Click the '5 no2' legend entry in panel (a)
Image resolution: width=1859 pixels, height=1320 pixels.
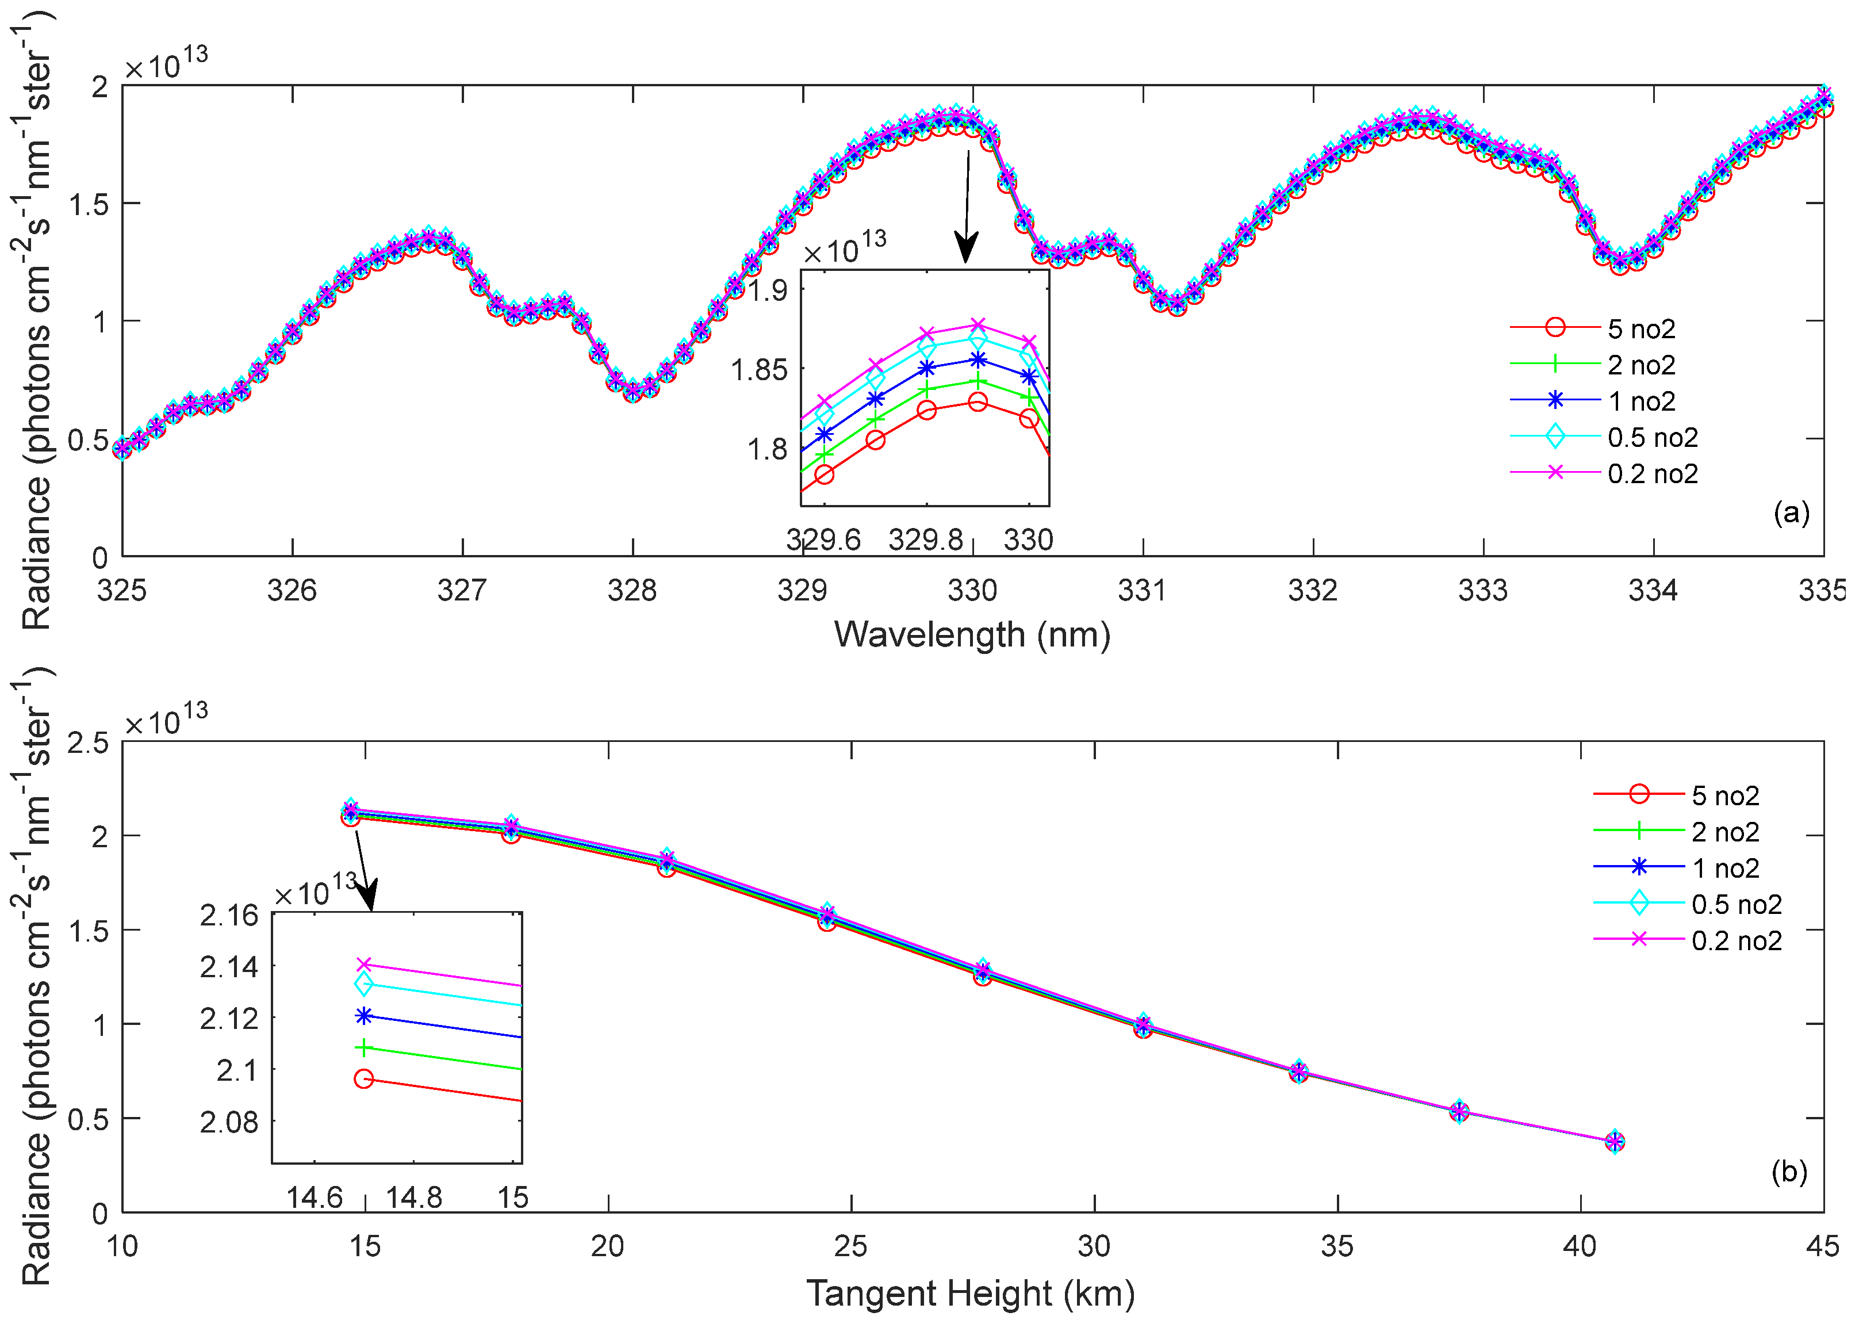[x=1640, y=328]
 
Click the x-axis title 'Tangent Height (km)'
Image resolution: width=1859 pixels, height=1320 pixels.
[x=970, y=1292]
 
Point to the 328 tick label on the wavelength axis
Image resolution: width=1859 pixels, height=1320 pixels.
[x=632, y=590]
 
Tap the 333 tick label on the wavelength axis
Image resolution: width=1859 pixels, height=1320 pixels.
[x=1483, y=590]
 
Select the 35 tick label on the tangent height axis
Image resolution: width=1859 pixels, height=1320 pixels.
[x=1336, y=1246]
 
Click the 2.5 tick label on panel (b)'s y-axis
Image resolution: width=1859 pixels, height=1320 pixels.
[x=88, y=742]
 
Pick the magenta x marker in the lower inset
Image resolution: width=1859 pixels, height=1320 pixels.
[x=364, y=964]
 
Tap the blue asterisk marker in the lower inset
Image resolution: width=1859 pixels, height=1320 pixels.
[x=364, y=1016]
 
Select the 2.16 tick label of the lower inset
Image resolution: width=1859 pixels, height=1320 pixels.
[x=229, y=915]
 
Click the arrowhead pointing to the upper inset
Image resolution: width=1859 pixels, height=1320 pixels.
[x=965, y=247]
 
